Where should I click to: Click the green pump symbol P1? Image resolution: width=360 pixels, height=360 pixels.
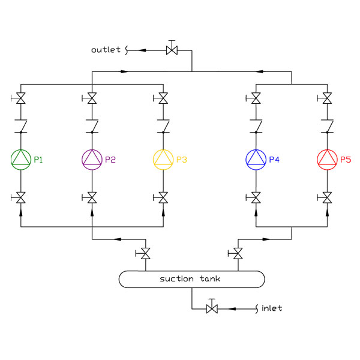coord(21,158)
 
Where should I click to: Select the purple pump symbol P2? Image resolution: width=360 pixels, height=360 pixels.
coord(92,158)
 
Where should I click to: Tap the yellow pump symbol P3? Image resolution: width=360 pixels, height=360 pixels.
coord(163,158)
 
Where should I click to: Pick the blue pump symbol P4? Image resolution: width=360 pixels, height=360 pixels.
coord(256,158)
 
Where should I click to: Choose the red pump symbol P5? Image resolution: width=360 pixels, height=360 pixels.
coord(326,158)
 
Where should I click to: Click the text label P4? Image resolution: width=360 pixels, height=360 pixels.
coord(274,160)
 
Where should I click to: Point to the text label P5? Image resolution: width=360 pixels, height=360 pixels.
coord(345,160)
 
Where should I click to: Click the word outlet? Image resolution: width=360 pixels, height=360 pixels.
coord(106,50)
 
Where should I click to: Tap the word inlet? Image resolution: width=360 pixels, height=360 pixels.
coord(272,308)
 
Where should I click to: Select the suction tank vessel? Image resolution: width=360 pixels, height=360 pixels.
coord(191,279)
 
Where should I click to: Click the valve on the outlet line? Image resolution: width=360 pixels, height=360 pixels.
coord(172,50)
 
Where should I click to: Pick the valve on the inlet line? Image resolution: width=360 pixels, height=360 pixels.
coord(211,308)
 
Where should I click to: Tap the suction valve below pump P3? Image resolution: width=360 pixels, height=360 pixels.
coord(163,197)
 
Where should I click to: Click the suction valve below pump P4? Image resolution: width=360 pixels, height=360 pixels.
coord(256,197)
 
